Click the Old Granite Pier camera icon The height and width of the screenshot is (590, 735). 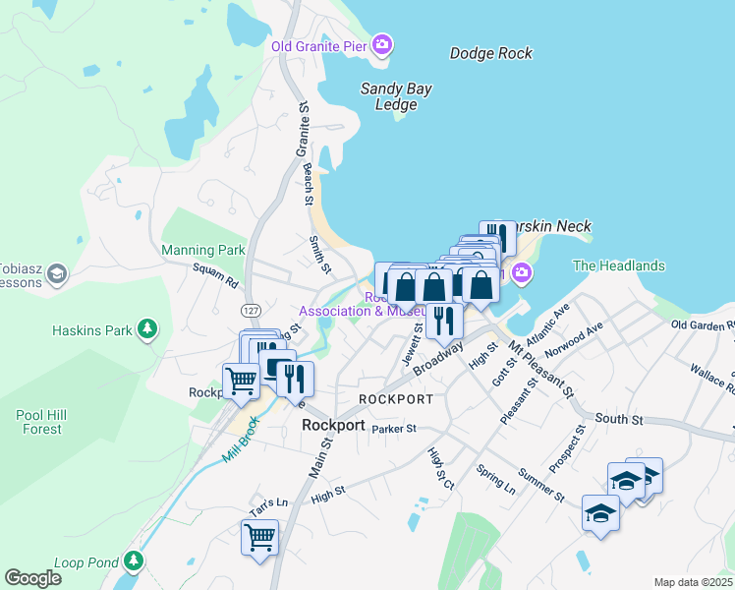click(382, 45)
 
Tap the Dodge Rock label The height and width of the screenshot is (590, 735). click(490, 53)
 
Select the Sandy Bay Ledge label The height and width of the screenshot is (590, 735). click(396, 96)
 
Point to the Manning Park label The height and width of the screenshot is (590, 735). click(203, 251)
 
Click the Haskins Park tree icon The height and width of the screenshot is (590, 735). click(146, 327)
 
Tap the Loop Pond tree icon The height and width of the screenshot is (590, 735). click(133, 561)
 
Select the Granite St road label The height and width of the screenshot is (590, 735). click(304, 127)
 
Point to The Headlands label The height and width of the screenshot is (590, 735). click(618, 265)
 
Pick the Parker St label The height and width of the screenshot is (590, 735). click(394, 429)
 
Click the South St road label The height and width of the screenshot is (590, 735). click(618, 420)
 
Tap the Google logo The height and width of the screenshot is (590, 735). click(32, 578)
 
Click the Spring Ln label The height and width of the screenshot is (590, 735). click(496, 479)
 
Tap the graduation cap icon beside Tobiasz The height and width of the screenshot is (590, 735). click(57, 272)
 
